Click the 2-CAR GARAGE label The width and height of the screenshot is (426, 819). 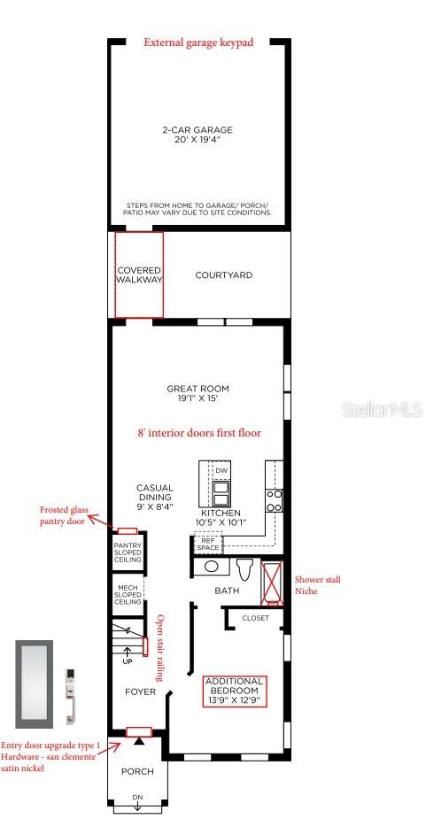tap(197, 135)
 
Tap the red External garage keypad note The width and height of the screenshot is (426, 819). tap(198, 42)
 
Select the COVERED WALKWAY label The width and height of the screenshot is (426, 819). tap(139, 274)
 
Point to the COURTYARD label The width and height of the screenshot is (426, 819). tap(224, 275)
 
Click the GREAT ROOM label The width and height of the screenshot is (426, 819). tap(198, 393)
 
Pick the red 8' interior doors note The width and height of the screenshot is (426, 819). tap(198, 432)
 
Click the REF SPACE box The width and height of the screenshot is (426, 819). tap(208, 545)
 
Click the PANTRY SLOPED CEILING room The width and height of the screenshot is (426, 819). tap(128, 552)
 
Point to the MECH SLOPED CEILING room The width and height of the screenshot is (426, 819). tap(128, 594)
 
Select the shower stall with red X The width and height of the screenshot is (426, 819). tap(272, 583)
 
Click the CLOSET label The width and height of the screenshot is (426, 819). tap(256, 618)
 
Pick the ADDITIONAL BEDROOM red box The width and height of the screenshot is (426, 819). tap(235, 692)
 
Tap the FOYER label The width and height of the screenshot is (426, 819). tap(140, 692)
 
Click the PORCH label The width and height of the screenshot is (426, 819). tap(137, 771)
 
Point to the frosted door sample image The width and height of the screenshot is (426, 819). tap(34, 684)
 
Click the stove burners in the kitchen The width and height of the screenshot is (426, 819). tap(275, 500)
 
